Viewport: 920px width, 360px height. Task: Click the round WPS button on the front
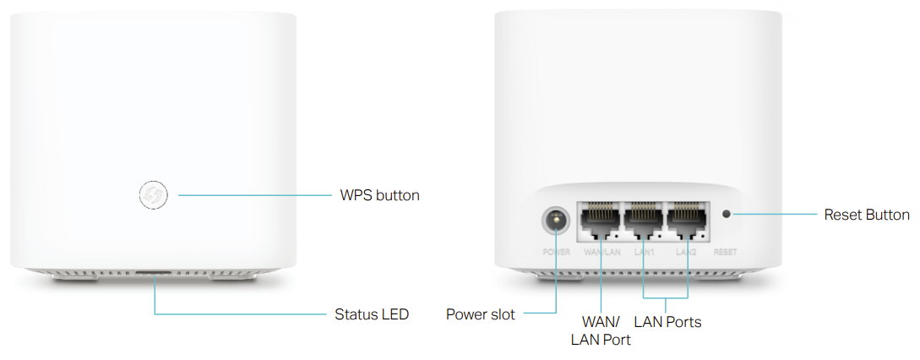[x=153, y=195]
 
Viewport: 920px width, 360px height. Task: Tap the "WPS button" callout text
[x=379, y=195]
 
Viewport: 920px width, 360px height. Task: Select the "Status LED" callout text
[x=372, y=314]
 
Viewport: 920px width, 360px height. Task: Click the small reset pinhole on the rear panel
[x=726, y=214]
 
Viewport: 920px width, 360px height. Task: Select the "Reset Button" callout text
[x=867, y=215]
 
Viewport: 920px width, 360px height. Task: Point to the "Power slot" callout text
[x=480, y=314]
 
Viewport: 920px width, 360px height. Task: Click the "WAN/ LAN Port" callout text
[x=601, y=330]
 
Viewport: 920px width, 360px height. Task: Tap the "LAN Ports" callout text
[x=667, y=322]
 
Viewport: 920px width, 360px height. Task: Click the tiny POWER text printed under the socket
[x=556, y=253]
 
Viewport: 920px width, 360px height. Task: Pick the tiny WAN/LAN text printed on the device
[x=601, y=253]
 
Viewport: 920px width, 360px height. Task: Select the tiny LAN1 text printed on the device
[x=644, y=253]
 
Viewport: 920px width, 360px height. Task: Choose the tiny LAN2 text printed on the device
[x=686, y=253]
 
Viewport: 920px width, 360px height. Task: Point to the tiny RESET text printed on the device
[x=725, y=253]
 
